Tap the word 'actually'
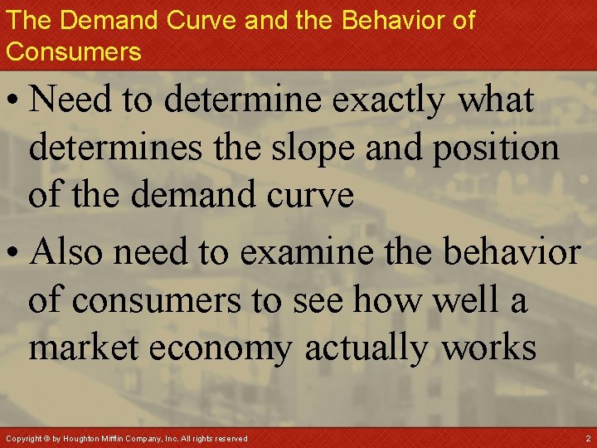(x=367, y=347)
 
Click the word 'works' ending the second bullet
(x=489, y=347)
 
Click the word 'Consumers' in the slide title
(x=74, y=51)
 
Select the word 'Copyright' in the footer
(x=23, y=437)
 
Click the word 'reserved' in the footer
(x=230, y=437)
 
